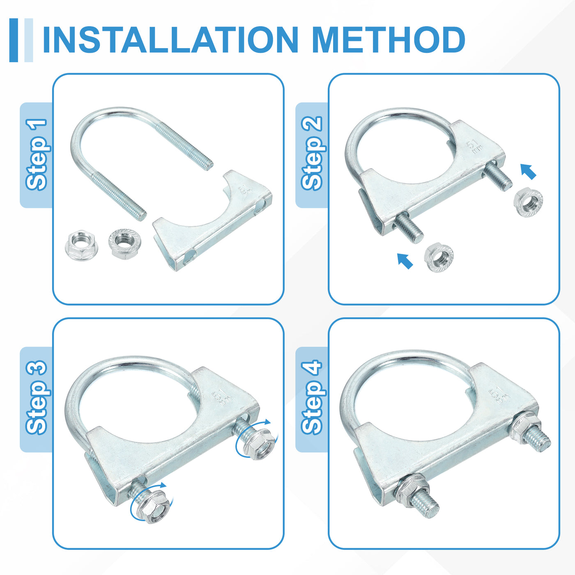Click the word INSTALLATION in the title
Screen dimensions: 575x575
click(x=170, y=40)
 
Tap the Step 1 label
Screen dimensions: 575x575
click(x=37, y=154)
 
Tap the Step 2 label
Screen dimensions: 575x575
click(x=312, y=153)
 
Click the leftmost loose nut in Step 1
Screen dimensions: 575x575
click(x=81, y=245)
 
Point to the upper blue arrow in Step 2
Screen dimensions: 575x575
click(x=528, y=172)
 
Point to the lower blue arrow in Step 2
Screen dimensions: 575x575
click(x=405, y=261)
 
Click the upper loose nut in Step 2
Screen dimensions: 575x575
click(x=528, y=202)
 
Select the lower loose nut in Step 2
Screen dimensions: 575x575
click(x=439, y=258)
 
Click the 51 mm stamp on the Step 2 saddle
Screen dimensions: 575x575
click(x=476, y=146)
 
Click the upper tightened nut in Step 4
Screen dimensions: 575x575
click(x=525, y=428)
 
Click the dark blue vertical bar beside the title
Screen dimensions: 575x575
click(x=14, y=40)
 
